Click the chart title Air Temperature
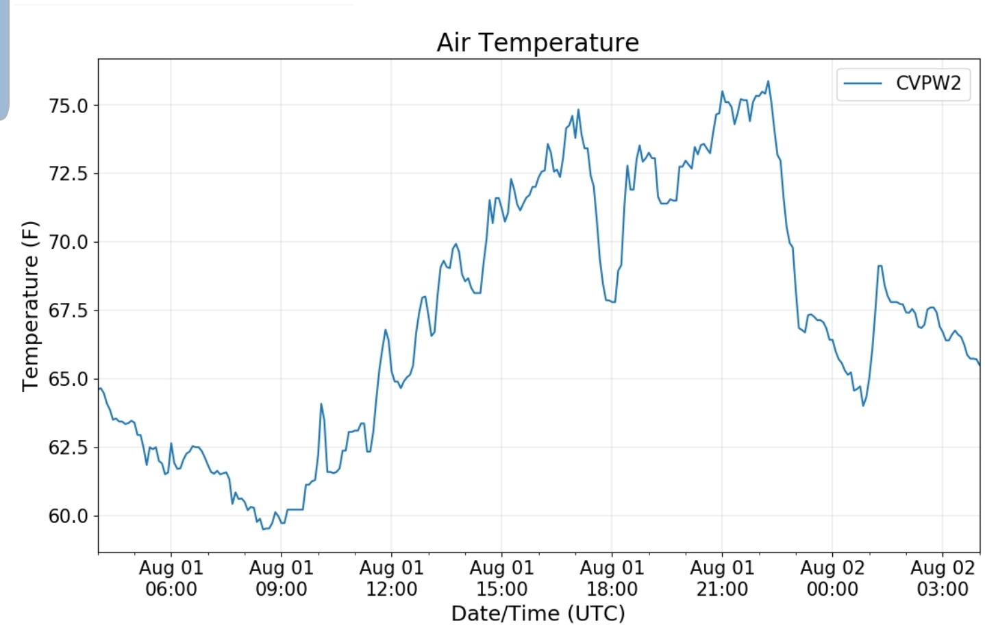[x=538, y=42]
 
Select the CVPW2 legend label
[x=928, y=84]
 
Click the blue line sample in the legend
[x=862, y=84]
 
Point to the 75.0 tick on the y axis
[x=68, y=106]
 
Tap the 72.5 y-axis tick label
[x=68, y=174]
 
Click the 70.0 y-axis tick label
[x=68, y=242]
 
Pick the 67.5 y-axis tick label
[x=68, y=310]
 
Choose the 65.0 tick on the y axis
[x=68, y=379]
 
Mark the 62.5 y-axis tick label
[x=68, y=448]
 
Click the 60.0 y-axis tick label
[x=68, y=516]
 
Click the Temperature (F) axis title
[x=30, y=306]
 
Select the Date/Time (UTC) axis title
[x=538, y=613]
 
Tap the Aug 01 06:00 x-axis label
[x=171, y=578]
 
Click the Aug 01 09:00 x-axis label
[x=282, y=578]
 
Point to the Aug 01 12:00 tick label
[x=392, y=578]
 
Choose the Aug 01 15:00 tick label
[x=502, y=578]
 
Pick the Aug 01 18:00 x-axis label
[x=612, y=578]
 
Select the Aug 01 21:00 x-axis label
[x=722, y=578]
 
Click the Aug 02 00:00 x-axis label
[x=832, y=578]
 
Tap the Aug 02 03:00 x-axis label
[x=943, y=578]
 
